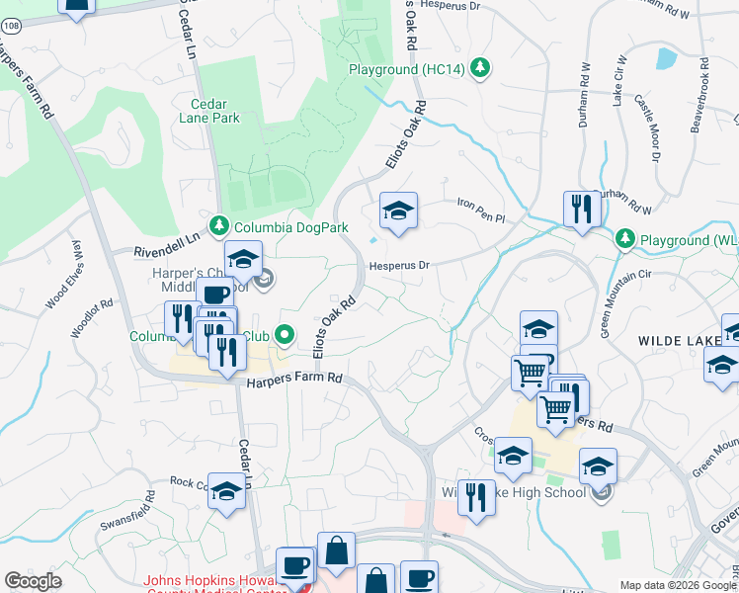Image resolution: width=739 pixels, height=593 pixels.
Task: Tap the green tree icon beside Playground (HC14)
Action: pos(479,67)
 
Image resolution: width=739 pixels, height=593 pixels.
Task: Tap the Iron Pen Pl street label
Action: pos(480,210)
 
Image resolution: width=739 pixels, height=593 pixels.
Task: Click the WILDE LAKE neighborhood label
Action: pos(677,340)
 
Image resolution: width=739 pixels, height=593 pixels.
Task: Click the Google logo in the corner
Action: pos(33,581)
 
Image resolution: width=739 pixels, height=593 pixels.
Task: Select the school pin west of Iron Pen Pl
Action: pos(398,211)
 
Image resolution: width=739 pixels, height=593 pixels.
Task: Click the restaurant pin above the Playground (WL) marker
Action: pos(582,209)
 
